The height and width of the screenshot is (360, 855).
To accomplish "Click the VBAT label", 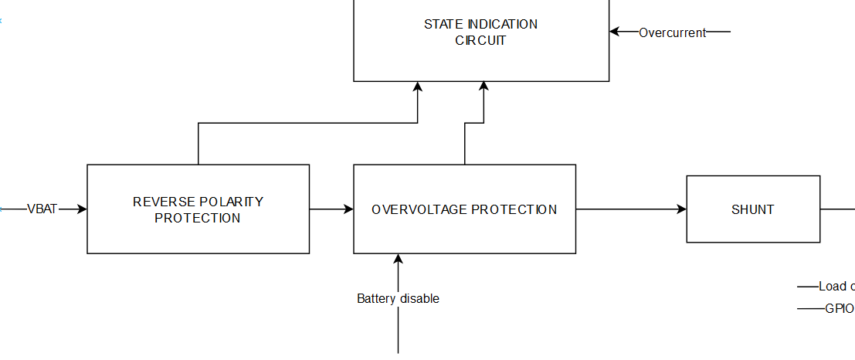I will [x=42, y=209].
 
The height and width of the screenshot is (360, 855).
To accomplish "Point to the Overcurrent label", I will [x=672, y=32].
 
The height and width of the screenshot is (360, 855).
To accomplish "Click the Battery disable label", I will [x=398, y=298].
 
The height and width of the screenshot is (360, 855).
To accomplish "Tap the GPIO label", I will [x=839, y=308].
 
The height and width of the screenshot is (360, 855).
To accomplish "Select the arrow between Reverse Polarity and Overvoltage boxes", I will [x=331, y=209].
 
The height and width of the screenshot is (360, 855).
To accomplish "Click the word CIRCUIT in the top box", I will [x=480, y=40].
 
